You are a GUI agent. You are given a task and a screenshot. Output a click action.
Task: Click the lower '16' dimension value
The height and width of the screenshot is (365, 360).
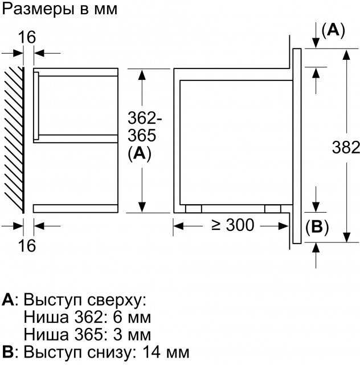coord(26,246)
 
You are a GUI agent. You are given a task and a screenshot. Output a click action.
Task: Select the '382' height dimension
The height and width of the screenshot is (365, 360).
coord(346,148)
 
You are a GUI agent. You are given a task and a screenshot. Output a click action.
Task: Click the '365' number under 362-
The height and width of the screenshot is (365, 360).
coord(140,136)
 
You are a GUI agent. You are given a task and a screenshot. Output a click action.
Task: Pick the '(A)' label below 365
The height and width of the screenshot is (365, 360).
coord(140,154)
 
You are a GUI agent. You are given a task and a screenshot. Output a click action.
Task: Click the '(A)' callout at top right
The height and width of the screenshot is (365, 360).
coord(333,31)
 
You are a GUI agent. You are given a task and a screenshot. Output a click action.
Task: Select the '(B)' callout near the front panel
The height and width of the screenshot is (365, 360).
coord(317,228)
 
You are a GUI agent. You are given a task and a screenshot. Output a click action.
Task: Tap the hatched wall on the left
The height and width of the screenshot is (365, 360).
coord(13,140)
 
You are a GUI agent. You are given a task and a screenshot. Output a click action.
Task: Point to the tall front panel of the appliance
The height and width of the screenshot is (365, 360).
coord(297,147)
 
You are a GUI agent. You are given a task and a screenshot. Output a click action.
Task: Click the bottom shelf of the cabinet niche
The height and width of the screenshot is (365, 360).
coord(75,208)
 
